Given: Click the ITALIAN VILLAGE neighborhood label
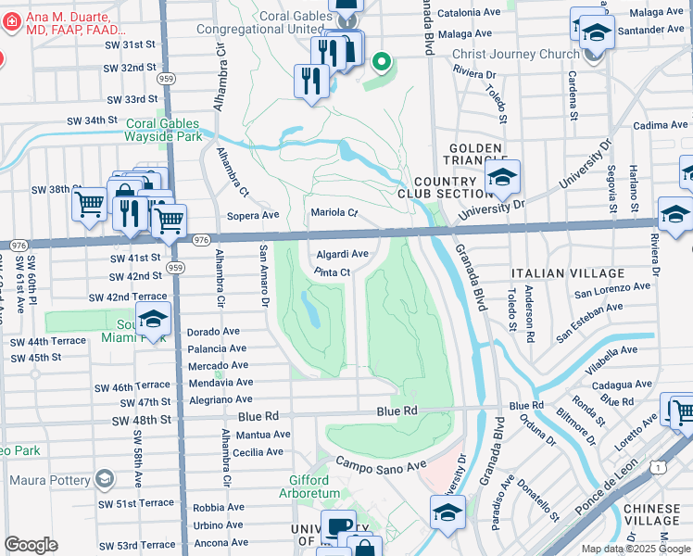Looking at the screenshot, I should tap(567, 274).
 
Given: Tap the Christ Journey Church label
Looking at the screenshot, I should tap(515, 54).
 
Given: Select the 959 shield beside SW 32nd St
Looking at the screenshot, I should tap(166, 79).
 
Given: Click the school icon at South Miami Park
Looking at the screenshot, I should tap(153, 322).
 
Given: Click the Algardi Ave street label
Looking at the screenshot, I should tap(343, 254).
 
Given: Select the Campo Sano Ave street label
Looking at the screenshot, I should tap(380, 464).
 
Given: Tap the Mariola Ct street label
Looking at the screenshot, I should tap(334, 212).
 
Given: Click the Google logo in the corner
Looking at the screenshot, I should tap(31, 545).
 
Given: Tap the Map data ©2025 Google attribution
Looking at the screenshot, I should tap(636, 549).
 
